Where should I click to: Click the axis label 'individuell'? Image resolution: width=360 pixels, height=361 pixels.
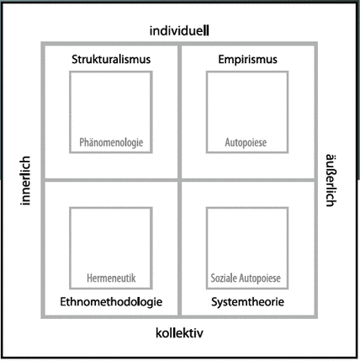[179, 30]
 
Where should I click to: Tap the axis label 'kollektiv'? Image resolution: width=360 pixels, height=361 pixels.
[179, 333]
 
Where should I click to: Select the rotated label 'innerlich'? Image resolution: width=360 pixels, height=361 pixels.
[25, 180]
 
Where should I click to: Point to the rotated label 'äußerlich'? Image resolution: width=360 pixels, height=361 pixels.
[331, 180]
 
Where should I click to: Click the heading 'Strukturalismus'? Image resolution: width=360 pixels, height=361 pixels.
[111, 60]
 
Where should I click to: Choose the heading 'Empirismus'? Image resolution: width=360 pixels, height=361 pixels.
[247, 60]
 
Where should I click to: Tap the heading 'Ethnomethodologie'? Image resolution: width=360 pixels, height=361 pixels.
[111, 302]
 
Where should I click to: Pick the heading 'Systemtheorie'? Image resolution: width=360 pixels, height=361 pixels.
[247, 302]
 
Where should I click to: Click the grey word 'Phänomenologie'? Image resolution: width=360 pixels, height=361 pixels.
[111, 142]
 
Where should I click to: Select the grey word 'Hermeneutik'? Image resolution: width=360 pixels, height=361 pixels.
[111, 278]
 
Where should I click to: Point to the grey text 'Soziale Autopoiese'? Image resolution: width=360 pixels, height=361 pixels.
[246, 278]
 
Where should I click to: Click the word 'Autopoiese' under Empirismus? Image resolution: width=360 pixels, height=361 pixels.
[246, 142]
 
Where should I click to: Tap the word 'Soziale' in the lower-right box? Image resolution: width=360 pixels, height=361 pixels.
[224, 278]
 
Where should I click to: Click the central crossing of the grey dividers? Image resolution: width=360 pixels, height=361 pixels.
[179, 180]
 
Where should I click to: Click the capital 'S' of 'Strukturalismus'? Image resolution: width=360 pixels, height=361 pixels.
[75, 60]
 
